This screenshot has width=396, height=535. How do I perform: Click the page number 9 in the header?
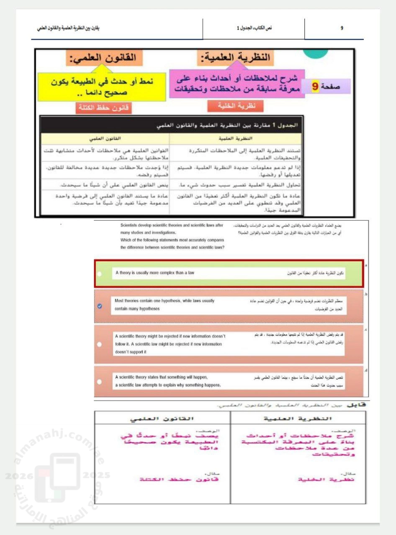click(x=342, y=28)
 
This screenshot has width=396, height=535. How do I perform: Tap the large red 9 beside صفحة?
click(x=316, y=87)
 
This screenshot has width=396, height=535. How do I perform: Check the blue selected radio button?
click(x=99, y=306)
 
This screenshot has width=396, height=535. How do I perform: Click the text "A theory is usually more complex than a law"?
click(x=155, y=273)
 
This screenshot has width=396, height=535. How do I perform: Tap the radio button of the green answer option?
click(x=99, y=274)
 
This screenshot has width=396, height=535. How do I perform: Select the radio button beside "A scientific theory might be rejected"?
click(x=99, y=344)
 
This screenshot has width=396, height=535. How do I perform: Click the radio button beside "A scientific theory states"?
click(x=99, y=382)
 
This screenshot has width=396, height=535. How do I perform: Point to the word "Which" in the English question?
click(x=126, y=240)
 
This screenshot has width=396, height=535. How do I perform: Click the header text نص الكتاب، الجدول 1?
click(x=254, y=28)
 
